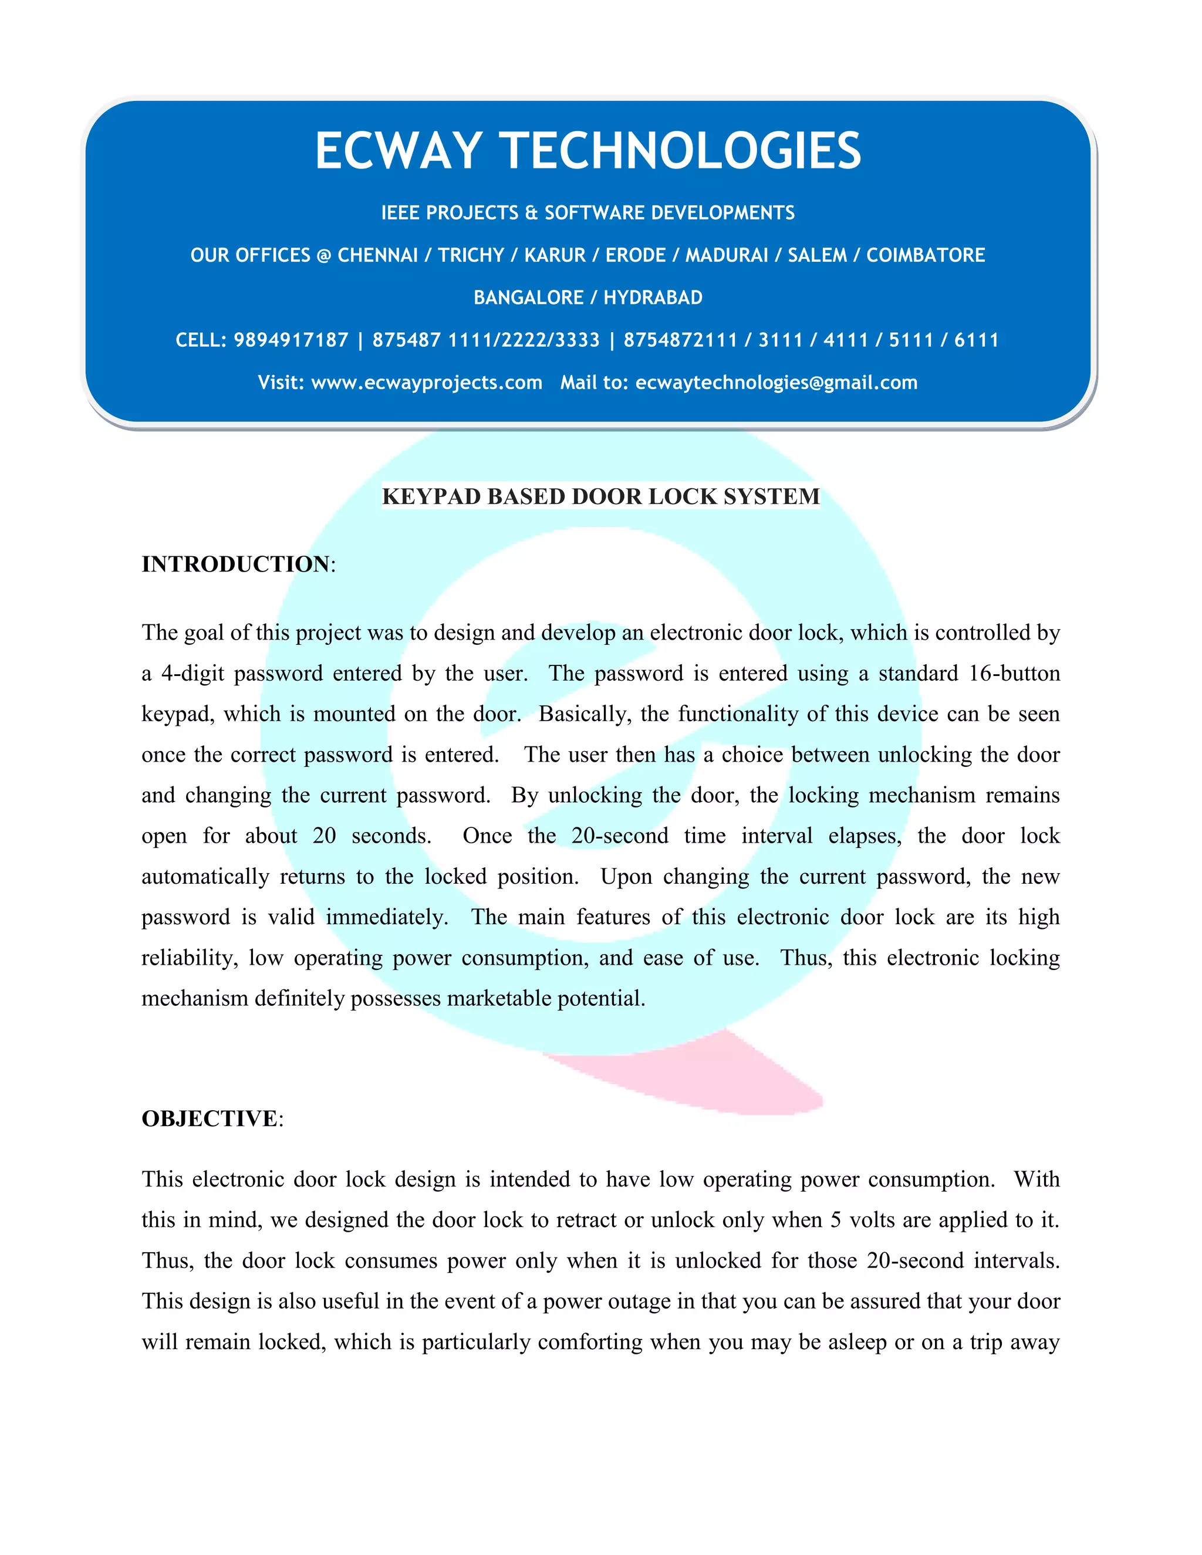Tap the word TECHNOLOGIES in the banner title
[682, 151]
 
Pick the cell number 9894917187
[291, 340]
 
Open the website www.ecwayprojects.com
[427, 383]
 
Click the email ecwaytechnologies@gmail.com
[776, 383]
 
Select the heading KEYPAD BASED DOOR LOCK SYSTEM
[600, 496]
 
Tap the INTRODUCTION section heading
[236, 564]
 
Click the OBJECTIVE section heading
[210, 1118]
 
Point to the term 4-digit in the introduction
[193, 674]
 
